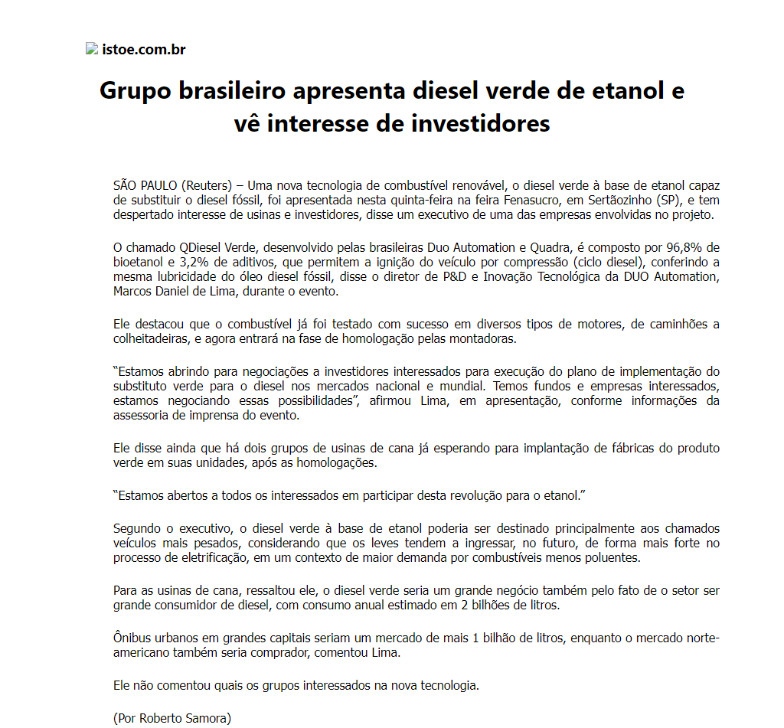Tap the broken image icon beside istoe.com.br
92,49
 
